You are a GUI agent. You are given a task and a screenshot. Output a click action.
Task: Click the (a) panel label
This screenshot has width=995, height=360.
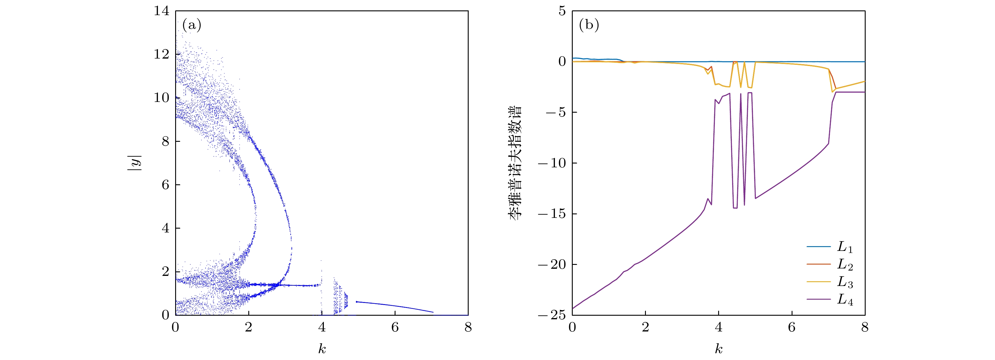pyautogui.click(x=192, y=26)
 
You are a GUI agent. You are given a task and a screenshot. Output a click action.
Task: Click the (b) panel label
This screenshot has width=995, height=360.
pyautogui.click(x=589, y=26)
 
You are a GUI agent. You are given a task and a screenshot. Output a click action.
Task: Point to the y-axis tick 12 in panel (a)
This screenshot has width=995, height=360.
pyautogui.click(x=161, y=54)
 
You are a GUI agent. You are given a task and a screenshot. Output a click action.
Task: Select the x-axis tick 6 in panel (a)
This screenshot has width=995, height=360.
pyautogui.click(x=395, y=328)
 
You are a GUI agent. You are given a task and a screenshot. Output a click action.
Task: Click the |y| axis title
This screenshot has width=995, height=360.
pyautogui.click(x=135, y=163)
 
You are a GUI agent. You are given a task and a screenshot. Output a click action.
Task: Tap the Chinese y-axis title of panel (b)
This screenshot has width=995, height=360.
pyautogui.click(x=515, y=163)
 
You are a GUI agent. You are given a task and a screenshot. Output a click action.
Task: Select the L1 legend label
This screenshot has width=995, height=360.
pyautogui.click(x=845, y=247)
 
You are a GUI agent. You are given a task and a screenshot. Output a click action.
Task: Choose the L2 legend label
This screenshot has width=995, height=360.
pyautogui.click(x=845, y=265)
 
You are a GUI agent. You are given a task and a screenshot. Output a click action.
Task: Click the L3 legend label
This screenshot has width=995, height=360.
pyautogui.click(x=845, y=282)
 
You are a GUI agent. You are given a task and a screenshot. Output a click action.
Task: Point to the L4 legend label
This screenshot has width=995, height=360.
pyautogui.click(x=845, y=300)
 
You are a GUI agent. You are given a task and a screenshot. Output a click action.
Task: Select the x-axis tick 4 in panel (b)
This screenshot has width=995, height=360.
pyautogui.click(x=718, y=328)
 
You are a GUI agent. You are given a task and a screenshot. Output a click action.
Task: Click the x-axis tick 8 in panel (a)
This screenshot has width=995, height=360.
pyautogui.click(x=468, y=328)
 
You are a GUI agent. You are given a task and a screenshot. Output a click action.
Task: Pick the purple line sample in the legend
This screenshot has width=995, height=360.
pyautogui.click(x=818, y=299)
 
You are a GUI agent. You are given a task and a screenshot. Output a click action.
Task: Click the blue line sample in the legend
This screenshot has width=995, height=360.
pyautogui.click(x=818, y=246)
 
